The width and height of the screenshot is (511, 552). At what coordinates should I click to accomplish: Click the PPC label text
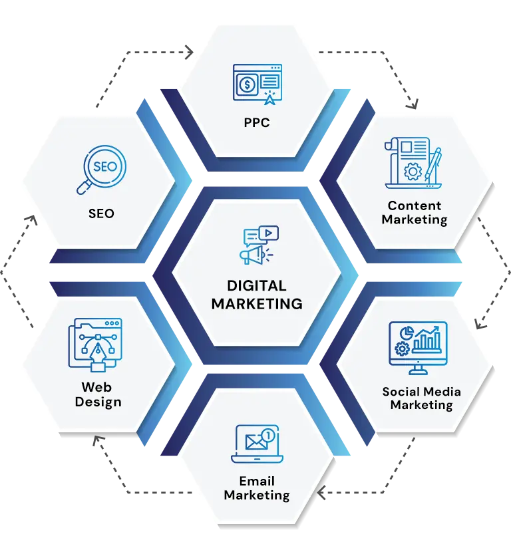click(x=257, y=122)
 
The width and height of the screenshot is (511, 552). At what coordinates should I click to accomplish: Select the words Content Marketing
click(x=415, y=212)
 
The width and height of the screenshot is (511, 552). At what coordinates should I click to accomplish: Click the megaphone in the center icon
click(x=253, y=255)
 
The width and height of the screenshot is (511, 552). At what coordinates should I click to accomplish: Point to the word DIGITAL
click(x=257, y=285)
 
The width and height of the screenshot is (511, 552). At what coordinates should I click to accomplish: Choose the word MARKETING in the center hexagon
click(x=257, y=303)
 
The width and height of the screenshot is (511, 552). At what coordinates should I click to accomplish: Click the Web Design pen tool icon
click(x=95, y=345)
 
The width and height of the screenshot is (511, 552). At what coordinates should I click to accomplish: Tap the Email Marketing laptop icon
click(x=257, y=444)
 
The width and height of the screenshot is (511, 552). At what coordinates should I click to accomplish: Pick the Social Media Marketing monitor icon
click(x=418, y=348)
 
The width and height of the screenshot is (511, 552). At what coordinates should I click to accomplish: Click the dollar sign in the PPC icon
click(x=247, y=84)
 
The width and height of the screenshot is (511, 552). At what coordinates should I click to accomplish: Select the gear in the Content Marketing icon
click(x=413, y=172)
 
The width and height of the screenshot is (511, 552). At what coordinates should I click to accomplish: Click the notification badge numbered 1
click(x=268, y=435)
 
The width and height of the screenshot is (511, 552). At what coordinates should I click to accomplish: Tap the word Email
click(x=257, y=481)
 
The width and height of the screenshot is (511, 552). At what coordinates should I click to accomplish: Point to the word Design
click(x=98, y=402)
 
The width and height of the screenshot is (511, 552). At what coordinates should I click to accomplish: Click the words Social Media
click(x=422, y=392)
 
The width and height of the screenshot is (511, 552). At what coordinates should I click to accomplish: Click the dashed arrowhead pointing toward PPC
click(x=190, y=53)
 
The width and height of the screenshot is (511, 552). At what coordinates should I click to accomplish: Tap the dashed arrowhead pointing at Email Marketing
click(x=321, y=493)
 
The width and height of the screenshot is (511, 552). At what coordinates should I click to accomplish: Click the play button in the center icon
click(x=269, y=233)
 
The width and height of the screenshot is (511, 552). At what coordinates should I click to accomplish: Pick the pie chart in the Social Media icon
click(x=407, y=333)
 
